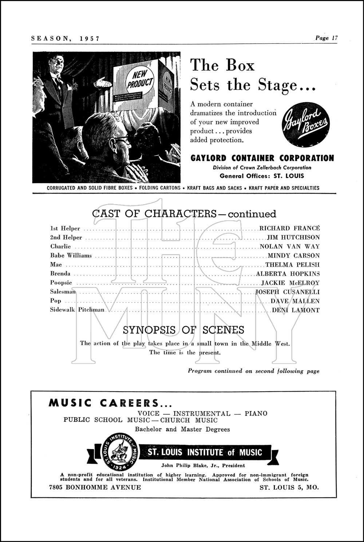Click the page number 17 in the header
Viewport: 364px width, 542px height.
(335, 38)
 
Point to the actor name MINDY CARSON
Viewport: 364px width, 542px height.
(293, 256)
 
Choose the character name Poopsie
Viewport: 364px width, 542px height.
(61, 283)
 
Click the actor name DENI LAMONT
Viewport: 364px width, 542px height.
(296, 310)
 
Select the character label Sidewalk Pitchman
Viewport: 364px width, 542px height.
(77, 310)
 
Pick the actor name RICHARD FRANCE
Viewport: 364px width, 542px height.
(289, 228)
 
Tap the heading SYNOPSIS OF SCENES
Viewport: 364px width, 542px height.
(183, 330)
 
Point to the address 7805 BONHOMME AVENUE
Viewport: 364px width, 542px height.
(95, 487)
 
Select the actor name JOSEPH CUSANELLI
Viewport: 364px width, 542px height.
(287, 292)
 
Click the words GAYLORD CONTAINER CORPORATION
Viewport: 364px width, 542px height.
(262, 158)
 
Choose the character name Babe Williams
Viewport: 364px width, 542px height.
(71, 256)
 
